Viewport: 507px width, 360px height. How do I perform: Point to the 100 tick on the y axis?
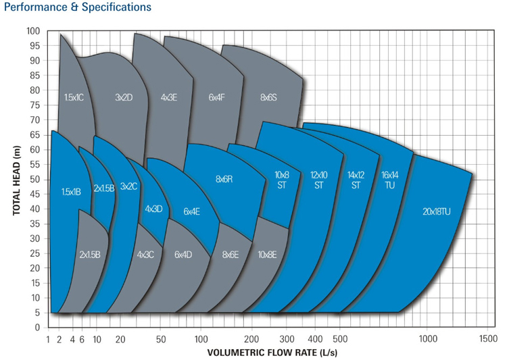tap(34, 31)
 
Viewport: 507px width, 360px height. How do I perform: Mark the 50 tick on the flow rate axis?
tap(161, 338)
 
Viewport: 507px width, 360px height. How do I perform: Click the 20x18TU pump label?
tap(437, 211)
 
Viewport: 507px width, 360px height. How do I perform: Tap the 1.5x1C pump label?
tap(74, 97)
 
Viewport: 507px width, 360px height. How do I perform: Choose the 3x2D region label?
tap(124, 97)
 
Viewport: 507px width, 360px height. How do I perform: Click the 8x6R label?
tap(224, 179)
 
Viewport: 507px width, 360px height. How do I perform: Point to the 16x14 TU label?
tap(390, 179)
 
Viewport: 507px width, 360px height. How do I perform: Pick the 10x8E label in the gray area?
tap(267, 255)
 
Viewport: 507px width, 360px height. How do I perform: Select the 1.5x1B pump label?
tap(71, 192)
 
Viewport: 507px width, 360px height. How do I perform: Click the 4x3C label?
tap(145, 255)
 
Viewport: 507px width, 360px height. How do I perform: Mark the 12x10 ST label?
tap(319, 179)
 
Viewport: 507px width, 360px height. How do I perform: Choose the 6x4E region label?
tap(191, 211)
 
